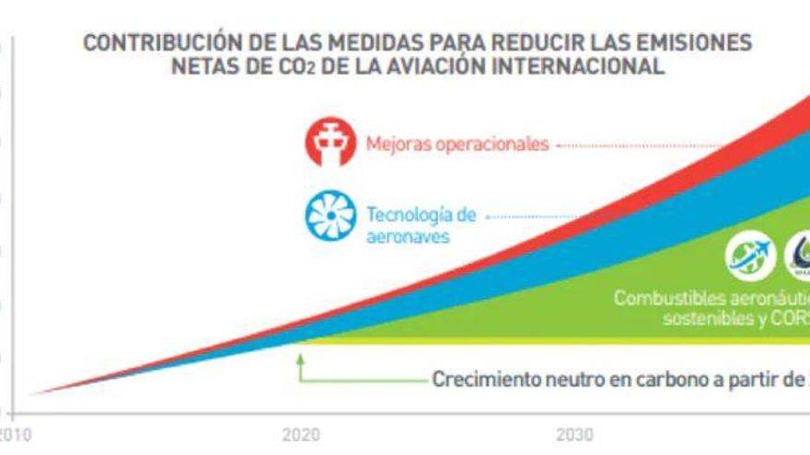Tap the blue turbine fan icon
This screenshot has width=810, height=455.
(330, 216)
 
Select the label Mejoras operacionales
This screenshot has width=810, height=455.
(457, 144)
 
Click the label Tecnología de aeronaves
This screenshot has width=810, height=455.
(421, 225)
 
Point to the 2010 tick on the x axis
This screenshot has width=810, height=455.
(12, 435)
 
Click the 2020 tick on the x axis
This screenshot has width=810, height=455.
(295, 435)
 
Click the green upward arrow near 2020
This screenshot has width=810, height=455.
(299, 365)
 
